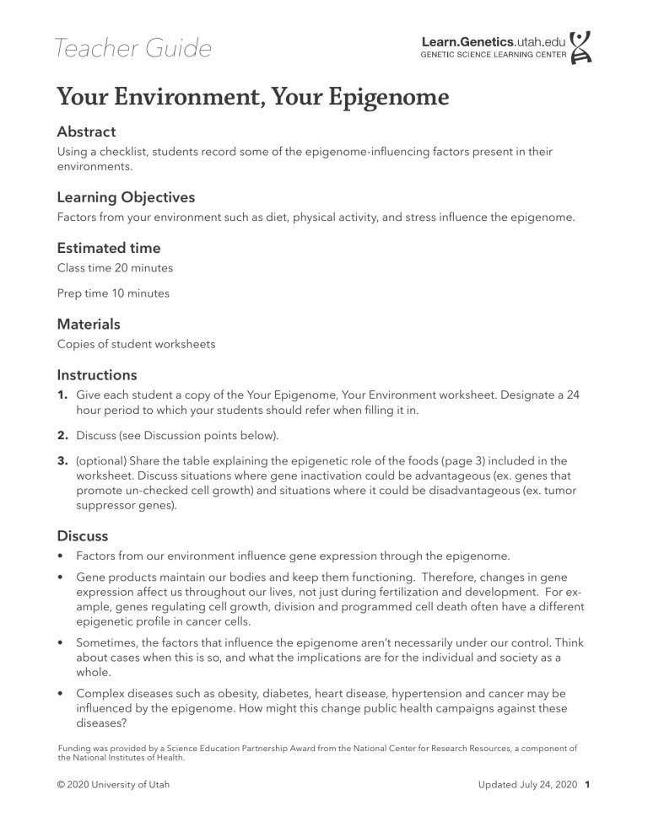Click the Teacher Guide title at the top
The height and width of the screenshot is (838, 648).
pos(133,49)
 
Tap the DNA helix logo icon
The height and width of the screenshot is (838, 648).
pos(581,48)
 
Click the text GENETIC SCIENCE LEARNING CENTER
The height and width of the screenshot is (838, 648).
pos(494,56)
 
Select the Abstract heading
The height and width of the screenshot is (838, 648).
pos(86,132)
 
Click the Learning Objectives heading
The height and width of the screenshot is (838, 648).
pos(126,197)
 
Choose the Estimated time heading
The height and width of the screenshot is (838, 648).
pos(108,249)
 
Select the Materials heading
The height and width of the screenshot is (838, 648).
pos(89,324)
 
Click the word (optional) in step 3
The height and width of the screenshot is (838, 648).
pos(100,462)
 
